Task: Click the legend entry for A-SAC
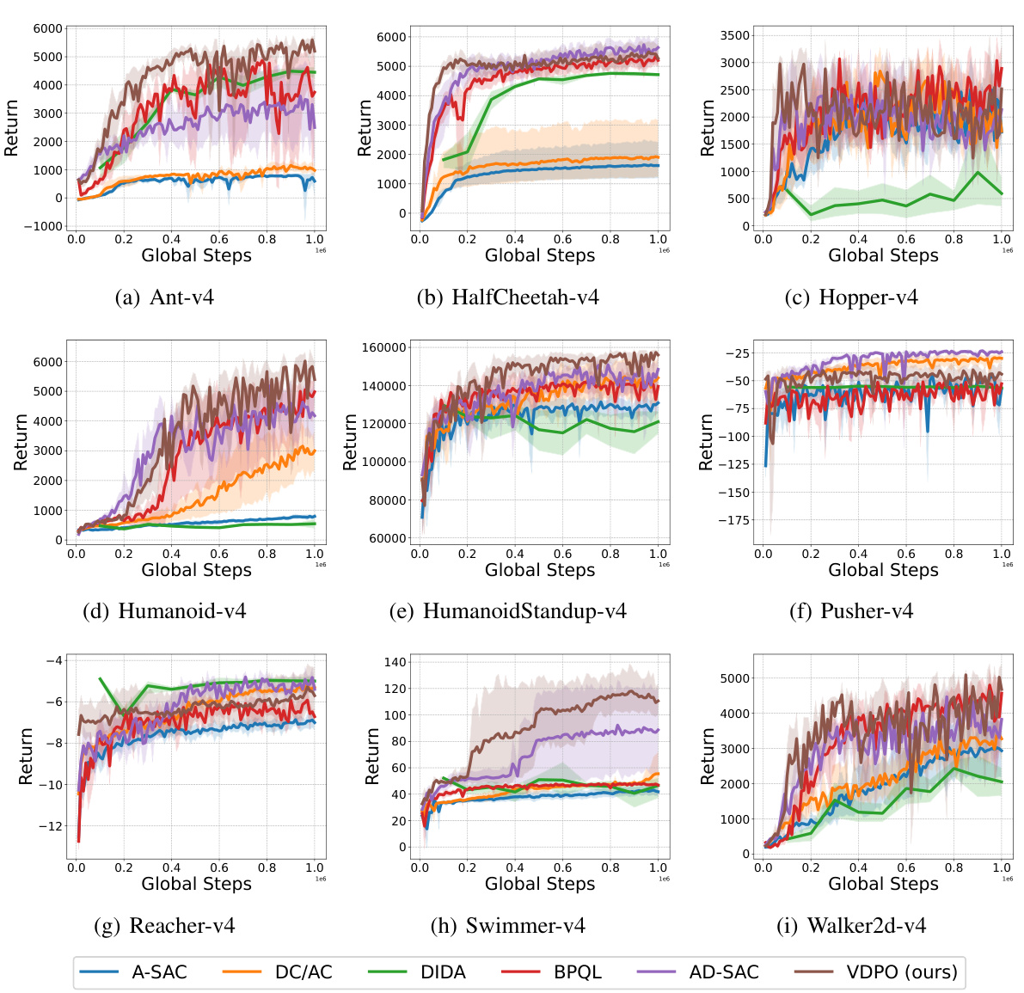(133, 972)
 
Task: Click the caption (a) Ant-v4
(164, 297)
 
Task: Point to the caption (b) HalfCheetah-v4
(507, 297)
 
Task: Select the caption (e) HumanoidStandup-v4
(507, 611)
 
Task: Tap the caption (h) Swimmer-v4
(507, 926)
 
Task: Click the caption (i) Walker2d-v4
(851, 926)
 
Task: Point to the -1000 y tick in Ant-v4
(42, 226)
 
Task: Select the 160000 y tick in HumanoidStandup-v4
(383, 348)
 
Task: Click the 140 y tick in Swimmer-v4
(395, 662)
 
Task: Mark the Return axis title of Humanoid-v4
(21, 442)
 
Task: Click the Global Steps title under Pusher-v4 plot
(883, 570)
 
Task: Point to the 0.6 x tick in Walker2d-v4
(906, 868)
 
